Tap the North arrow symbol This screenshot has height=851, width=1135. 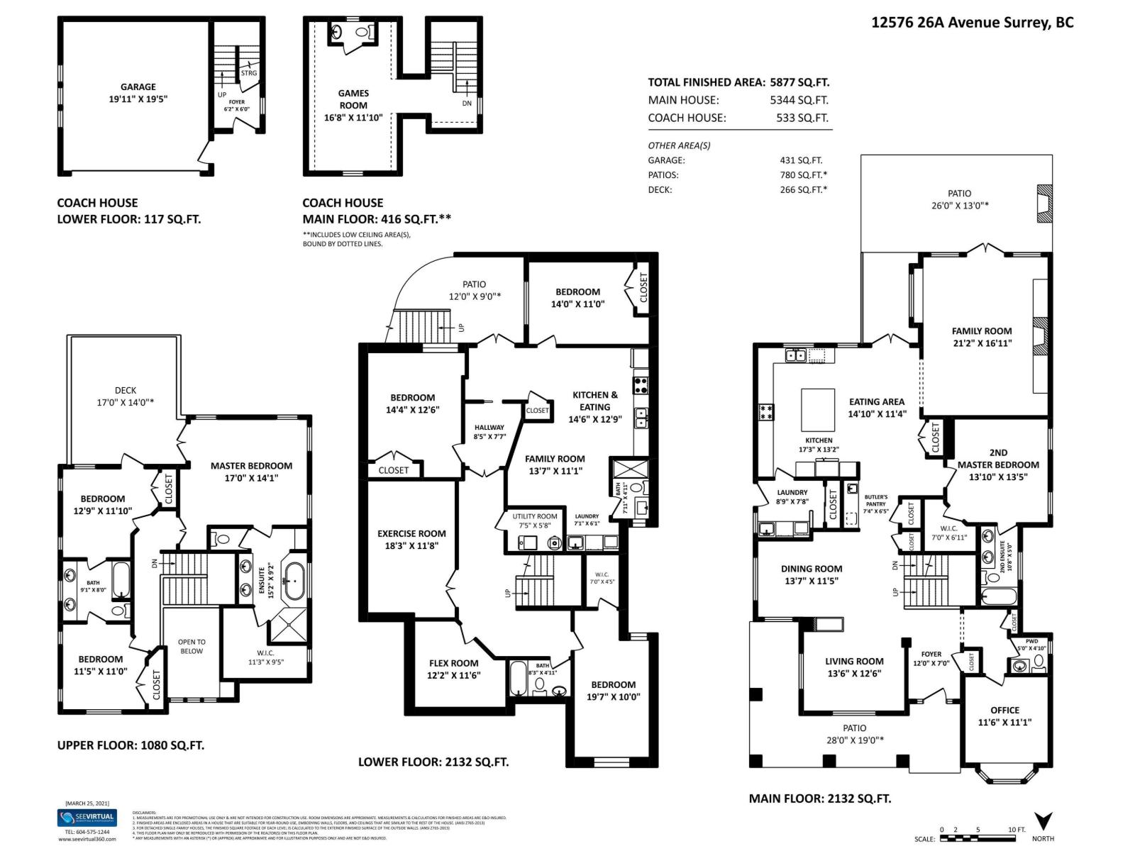1043,821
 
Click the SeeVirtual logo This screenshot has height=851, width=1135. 86,818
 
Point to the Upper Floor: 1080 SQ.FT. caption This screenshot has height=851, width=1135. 131,745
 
